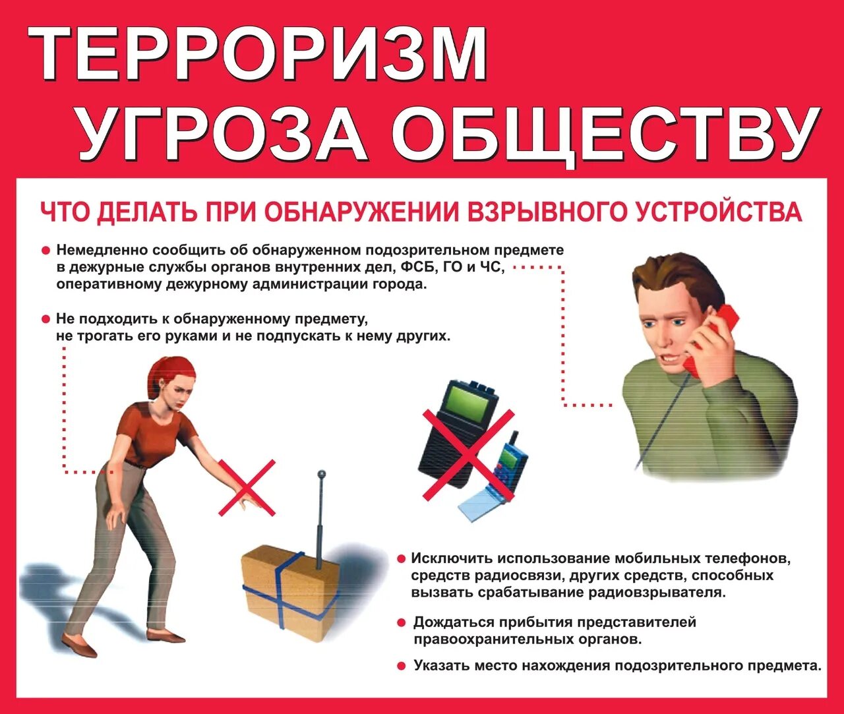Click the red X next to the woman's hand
[247, 487]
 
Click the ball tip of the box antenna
[322, 473]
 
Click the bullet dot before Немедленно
[45, 251]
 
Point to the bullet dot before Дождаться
[402, 623]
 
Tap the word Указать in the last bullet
[440, 666]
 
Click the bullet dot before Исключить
[401, 559]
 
